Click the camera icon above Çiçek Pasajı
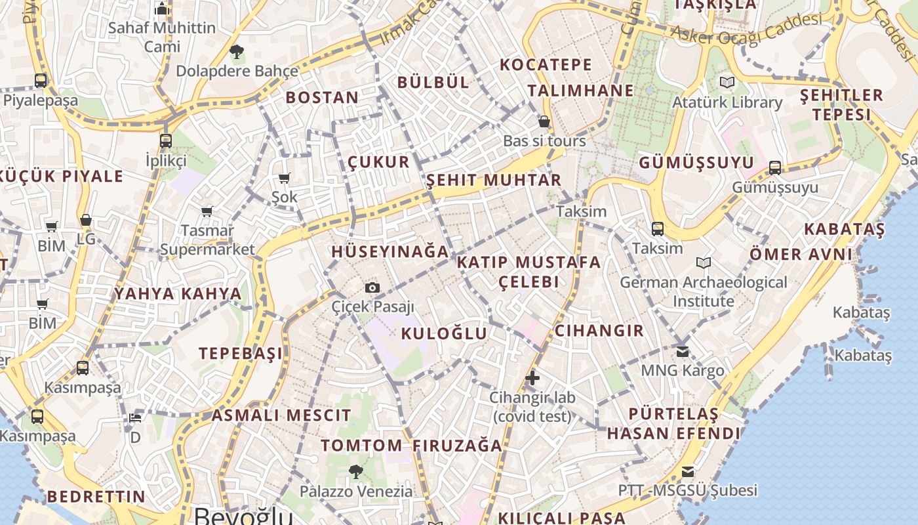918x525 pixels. pos(372,287)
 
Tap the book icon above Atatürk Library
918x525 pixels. pos(727,83)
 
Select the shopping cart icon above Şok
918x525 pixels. pos(285,178)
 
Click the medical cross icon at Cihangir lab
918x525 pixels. pos(532,378)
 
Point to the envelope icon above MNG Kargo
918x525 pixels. pos(683,351)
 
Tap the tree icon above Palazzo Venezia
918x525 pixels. pos(355,471)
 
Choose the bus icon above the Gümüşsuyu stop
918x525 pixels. pos(775,168)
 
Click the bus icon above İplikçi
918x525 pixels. pos(166,140)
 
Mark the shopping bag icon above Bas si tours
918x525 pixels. pos(544,121)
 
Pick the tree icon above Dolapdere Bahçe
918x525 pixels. pos(237,51)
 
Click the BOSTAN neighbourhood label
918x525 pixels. pos(322,98)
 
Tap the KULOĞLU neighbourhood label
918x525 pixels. pos(444,333)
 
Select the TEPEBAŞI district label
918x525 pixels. pos(241,353)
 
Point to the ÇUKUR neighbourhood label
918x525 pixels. pos(378,162)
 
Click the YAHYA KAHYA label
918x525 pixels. pos(178,293)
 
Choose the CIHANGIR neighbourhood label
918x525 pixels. pos(599,330)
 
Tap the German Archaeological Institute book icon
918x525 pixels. pos(704,263)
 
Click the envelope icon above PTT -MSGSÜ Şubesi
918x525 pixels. pos(688,471)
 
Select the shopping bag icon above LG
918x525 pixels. pos(86,220)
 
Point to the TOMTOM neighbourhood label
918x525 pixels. pos(361,446)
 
